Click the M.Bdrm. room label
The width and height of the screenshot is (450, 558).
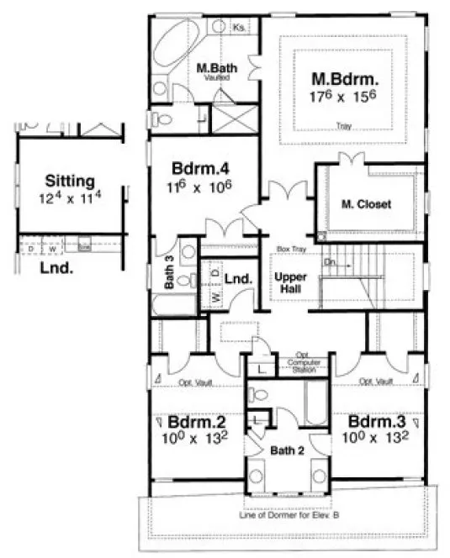pyautogui.click(x=346, y=79)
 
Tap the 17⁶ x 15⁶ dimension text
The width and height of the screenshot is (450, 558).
pyautogui.click(x=346, y=97)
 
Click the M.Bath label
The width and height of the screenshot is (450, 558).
pyautogui.click(x=214, y=66)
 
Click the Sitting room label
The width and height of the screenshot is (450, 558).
pyautogui.click(x=70, y=180)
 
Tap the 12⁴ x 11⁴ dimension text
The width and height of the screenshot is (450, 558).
pyautogui.click(x=70, y=198)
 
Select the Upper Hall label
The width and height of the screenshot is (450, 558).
pyautogui.click(x=292, y=282)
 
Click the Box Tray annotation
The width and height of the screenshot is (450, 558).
pyautogui.click(x=290, y=250)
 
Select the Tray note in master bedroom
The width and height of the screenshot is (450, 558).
pyautogui.click(x=343, y=127)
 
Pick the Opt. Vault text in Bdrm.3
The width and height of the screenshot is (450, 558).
pyautogui.click(x=376, y=382)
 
